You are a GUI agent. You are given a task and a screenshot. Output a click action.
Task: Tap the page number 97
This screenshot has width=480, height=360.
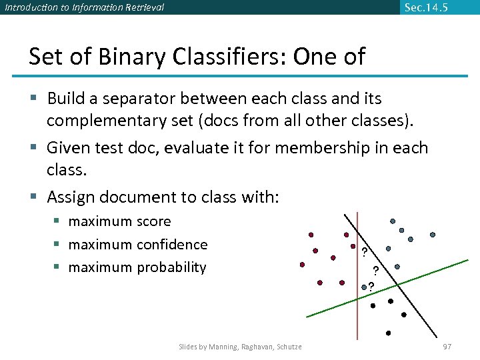pos(447,347)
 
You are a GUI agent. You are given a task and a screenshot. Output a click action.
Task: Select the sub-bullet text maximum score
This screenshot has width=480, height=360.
pos(119,221)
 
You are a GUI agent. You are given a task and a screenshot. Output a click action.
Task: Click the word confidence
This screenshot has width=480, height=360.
pos(172,245)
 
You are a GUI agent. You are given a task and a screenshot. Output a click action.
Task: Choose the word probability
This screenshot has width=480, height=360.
pos(171,267)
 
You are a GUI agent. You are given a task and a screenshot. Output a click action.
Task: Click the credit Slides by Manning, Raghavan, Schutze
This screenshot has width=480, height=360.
pos(240,347)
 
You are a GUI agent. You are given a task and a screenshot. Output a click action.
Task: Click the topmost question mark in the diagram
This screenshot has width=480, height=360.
pos(364,252)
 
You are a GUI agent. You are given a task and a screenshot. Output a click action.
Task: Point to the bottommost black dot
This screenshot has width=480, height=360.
pos(389,333)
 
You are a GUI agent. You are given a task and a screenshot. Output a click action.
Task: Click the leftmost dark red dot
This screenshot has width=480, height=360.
pos(302,265)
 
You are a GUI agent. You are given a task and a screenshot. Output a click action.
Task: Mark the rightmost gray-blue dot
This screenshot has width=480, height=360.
pos(433,235)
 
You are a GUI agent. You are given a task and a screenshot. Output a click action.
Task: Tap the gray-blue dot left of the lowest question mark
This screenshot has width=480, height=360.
pos(363,287)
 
